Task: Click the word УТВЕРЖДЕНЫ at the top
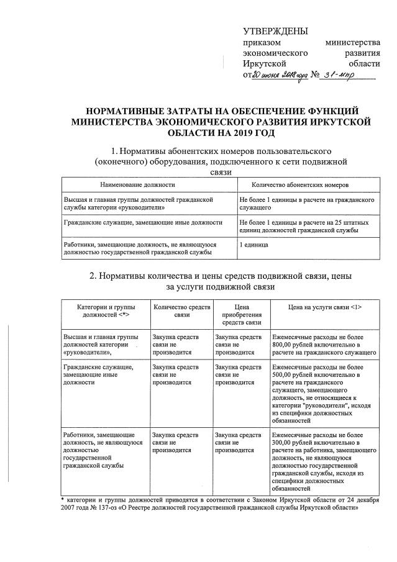coord(275,31)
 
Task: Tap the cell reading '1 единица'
coord(254,245)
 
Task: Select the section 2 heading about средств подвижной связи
coord(221,281)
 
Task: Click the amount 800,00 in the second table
coord(283,343)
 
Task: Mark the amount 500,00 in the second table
coord(283,376)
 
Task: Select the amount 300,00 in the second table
coord(283,443)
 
